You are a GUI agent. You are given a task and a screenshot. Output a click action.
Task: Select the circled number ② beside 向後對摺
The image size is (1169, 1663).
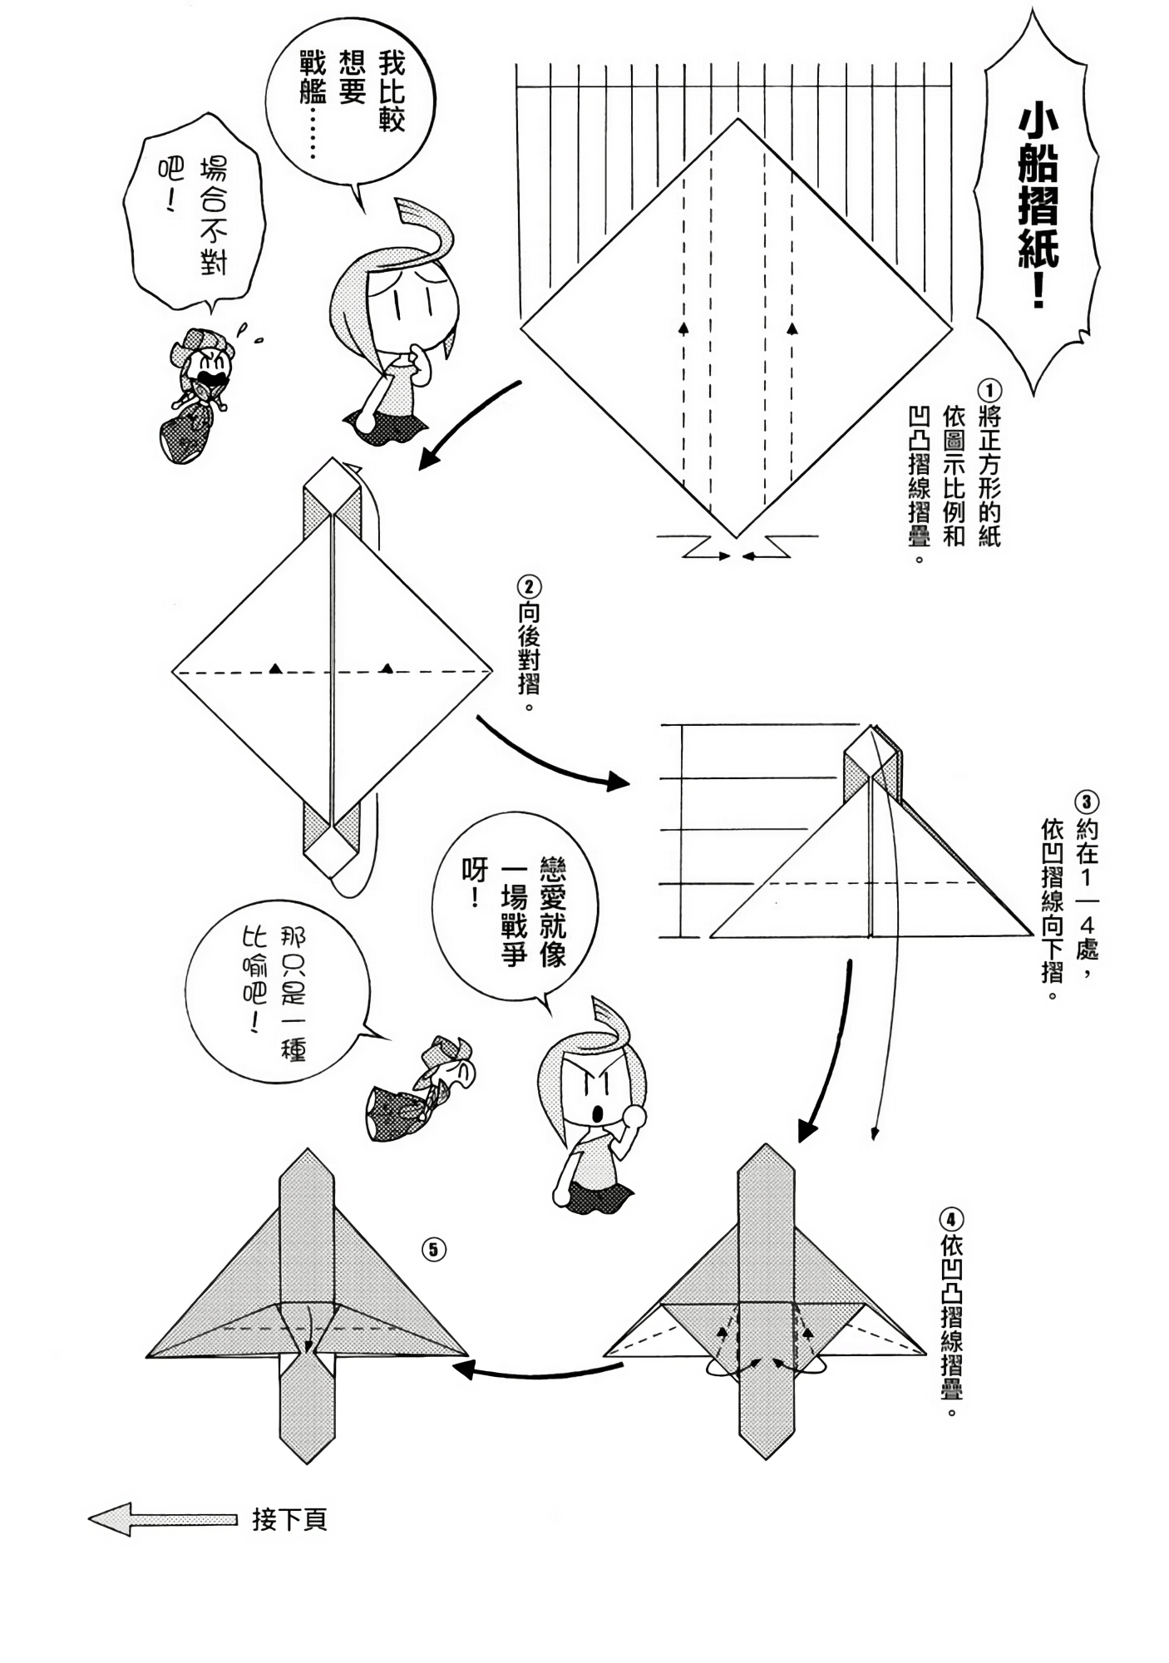pos(529,586)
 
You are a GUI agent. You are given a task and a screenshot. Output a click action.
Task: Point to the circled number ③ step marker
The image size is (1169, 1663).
pos(1086,802)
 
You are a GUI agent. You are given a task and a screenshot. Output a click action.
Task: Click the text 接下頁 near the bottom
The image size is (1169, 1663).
pos(289,1520)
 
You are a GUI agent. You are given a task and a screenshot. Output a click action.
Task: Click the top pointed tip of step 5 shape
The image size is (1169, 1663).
pos(308,1151)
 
